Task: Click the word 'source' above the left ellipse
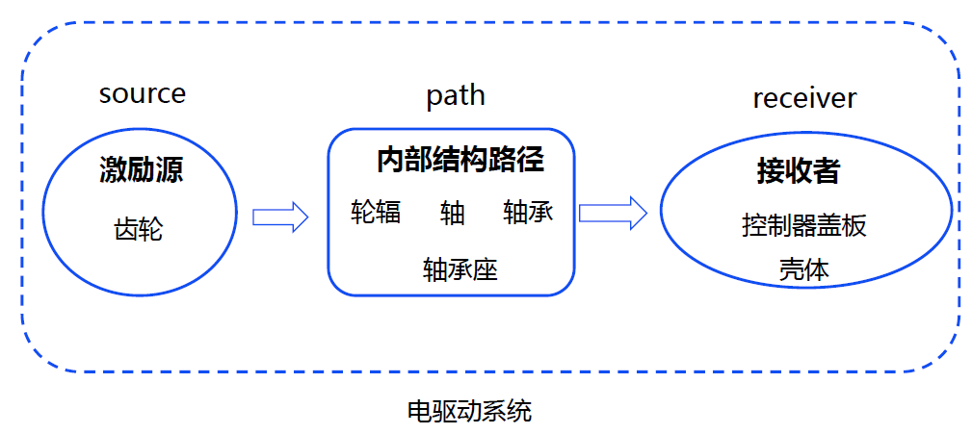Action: coord(142,94)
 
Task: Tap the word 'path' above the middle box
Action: coord(455,96)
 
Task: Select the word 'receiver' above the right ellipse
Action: coord(803,98)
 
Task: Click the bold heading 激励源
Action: coord(141,171)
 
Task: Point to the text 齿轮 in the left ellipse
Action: coord(139,230)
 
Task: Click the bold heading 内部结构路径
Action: coord(460,160)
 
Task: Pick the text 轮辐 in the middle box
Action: coord(376,213)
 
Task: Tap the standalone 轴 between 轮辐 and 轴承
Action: coord(452,213)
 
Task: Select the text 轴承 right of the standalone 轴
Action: coord(528,213)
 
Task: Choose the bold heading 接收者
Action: coord(798,171)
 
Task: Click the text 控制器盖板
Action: coord(804,226)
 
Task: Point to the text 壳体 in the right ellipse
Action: coord(803,269)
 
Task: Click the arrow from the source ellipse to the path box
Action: coord(280,217)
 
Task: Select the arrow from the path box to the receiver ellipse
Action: coord(613,213)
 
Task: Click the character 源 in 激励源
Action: coord(169,171)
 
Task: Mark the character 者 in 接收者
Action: coord(826,171)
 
